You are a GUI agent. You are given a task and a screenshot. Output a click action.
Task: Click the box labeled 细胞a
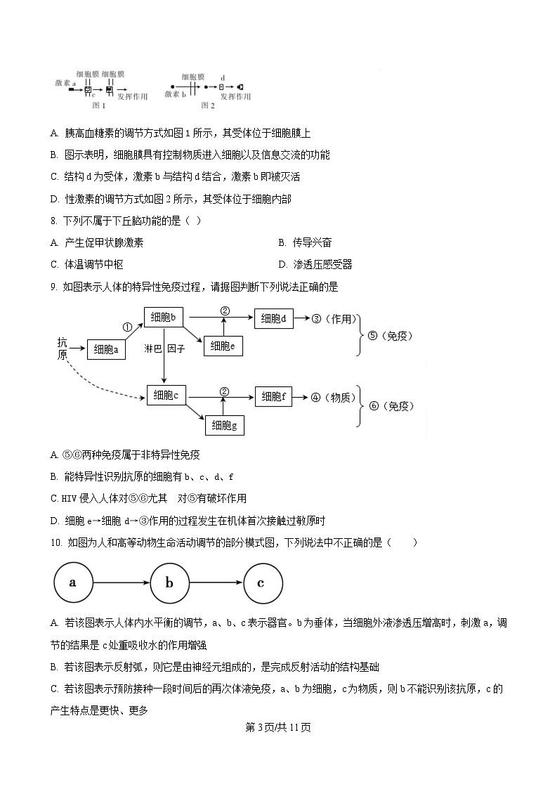(x=107, y=349)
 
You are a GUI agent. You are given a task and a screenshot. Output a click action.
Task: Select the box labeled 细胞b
(x=164, y=318)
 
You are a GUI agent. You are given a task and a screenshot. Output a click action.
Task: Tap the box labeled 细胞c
(x=166, y=396)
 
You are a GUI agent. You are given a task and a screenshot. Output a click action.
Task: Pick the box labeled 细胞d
(x=273, y=318)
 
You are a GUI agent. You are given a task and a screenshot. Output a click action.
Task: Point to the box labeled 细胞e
(x=223, y=345)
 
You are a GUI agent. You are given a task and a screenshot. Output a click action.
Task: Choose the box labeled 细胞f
(x=274, y=397)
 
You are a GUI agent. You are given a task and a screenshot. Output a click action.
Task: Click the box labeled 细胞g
(x=225, y=424)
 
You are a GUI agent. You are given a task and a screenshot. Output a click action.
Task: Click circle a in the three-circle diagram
(x=73, y=582)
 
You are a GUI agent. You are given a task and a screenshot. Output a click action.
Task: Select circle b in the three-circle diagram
(x=169, y=582)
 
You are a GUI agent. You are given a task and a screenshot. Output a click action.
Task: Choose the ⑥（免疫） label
(x=391, y=406)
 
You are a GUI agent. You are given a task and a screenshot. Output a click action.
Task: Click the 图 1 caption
(x=99, y=105)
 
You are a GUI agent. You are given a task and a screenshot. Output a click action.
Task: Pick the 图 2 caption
(x=207, y=105)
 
